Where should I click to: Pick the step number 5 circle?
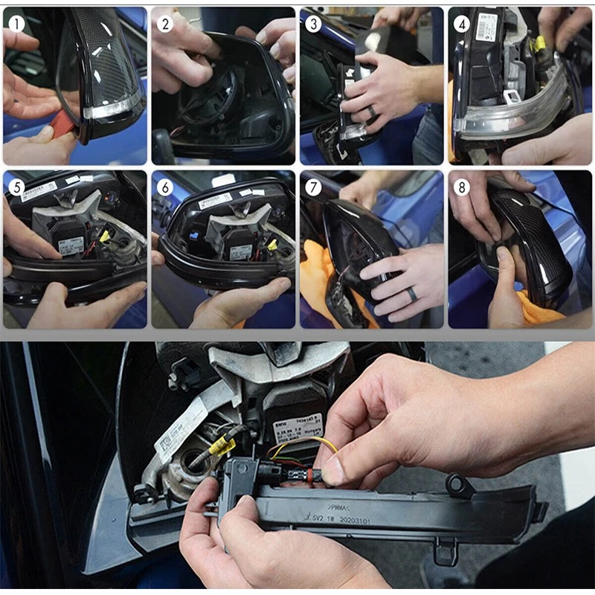click(x=16, y=186)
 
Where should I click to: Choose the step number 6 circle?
click(x=165, y=186)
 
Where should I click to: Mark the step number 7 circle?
click(x=313, y=186)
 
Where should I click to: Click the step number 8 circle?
click(x=462, y=186)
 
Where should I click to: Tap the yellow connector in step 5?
click(x=105, y=237)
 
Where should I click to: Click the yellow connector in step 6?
click(x=272, y=245)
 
